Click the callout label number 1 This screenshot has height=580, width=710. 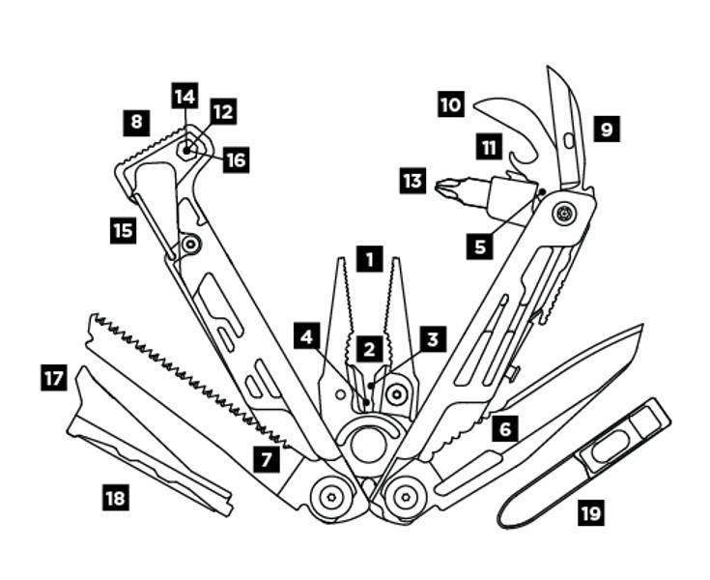(369, 259)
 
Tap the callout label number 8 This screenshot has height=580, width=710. (136, 123)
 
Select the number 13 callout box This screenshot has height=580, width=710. (412, 180)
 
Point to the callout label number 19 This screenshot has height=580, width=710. (590, 512)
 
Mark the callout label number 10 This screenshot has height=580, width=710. (450, 104)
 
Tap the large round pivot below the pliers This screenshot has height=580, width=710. (368, 444)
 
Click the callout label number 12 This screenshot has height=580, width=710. (223, 112)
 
